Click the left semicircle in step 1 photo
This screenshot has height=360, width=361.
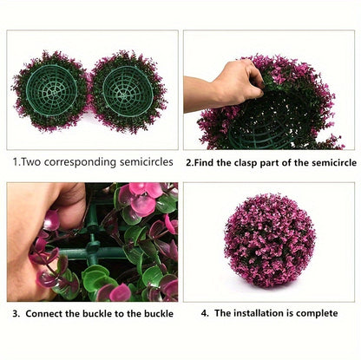click(51, 90)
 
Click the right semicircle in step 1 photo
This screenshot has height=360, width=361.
click(128, 90)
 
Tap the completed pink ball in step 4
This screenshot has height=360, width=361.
click(270, 240)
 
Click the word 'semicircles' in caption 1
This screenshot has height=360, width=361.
click(144, 161)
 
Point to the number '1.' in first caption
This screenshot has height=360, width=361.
click(16, 161)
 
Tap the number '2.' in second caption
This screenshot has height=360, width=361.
click(188, 161)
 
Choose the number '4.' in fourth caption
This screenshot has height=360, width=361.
click(204, 313)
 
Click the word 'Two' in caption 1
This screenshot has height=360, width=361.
click(30, 161)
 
